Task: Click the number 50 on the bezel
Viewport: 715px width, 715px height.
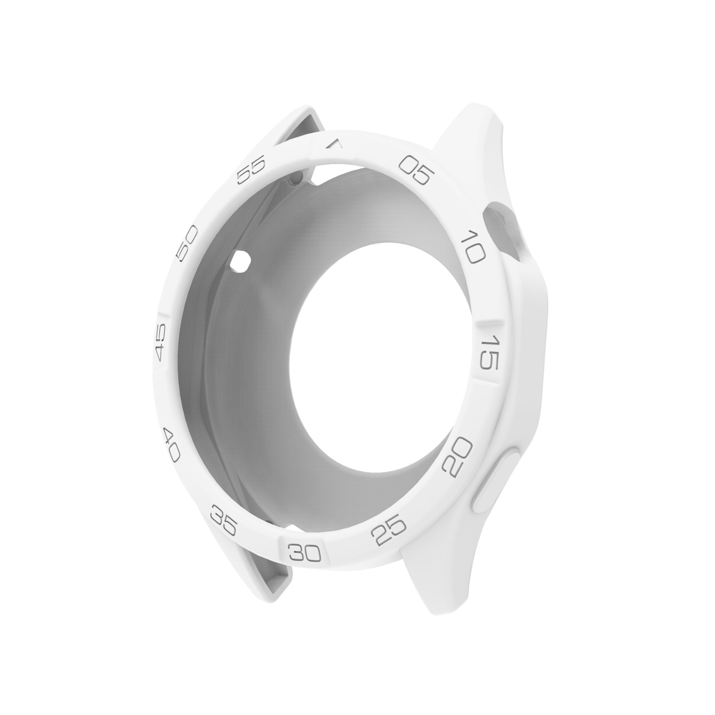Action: point(186,244)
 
